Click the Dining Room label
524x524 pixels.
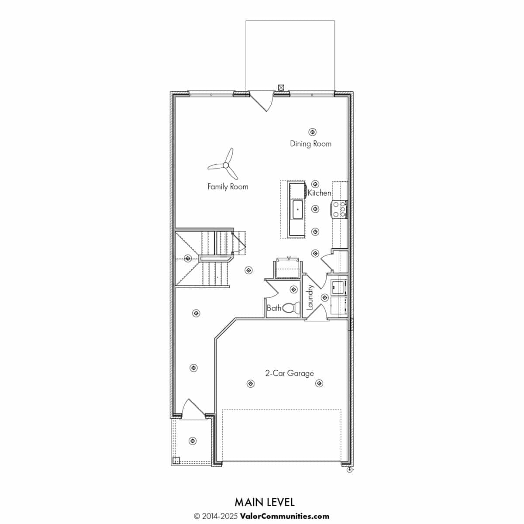tap(310, 144)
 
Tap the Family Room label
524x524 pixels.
tap(228, 186)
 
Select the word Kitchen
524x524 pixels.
tap(320, 193)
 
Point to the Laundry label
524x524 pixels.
tap(310, 297)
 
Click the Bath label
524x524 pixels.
tap(274, 308)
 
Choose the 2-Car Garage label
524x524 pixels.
tap(290, 373)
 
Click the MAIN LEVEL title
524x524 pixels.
tap(264, 495)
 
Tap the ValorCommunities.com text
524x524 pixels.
tap(284, 509)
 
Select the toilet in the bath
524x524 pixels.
tap(291, 308)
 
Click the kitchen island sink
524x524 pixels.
tap(297, 210)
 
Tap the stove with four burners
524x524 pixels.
tap(339, 209)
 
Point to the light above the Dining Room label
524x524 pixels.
tap(312, 132)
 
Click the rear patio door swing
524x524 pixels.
tap(262, 102)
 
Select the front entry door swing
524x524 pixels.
tap(193, 407)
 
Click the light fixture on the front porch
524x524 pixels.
tap(193, 441)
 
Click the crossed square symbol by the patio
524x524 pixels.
tap(281, 88)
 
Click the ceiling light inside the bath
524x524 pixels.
tap(293, 289)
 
